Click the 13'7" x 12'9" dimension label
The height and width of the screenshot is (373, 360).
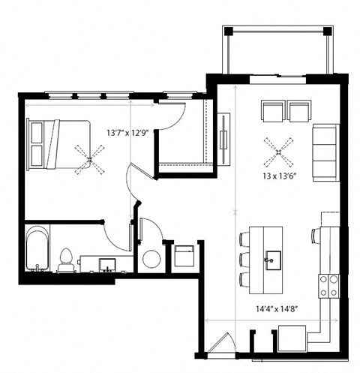pyautogui.click(x=130, y=133)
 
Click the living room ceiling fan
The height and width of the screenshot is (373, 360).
pyautogui.click(x=277, y=152)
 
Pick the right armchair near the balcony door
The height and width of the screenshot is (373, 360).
pyautogui.click(x=299, y=112)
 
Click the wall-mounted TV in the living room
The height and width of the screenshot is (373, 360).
pyautogui.click(x=223, y=135)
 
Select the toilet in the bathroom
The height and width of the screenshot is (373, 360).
pyautogui.click(x=66, y=260)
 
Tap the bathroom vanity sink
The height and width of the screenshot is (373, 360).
pyautogui.click(x=107, y=265)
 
